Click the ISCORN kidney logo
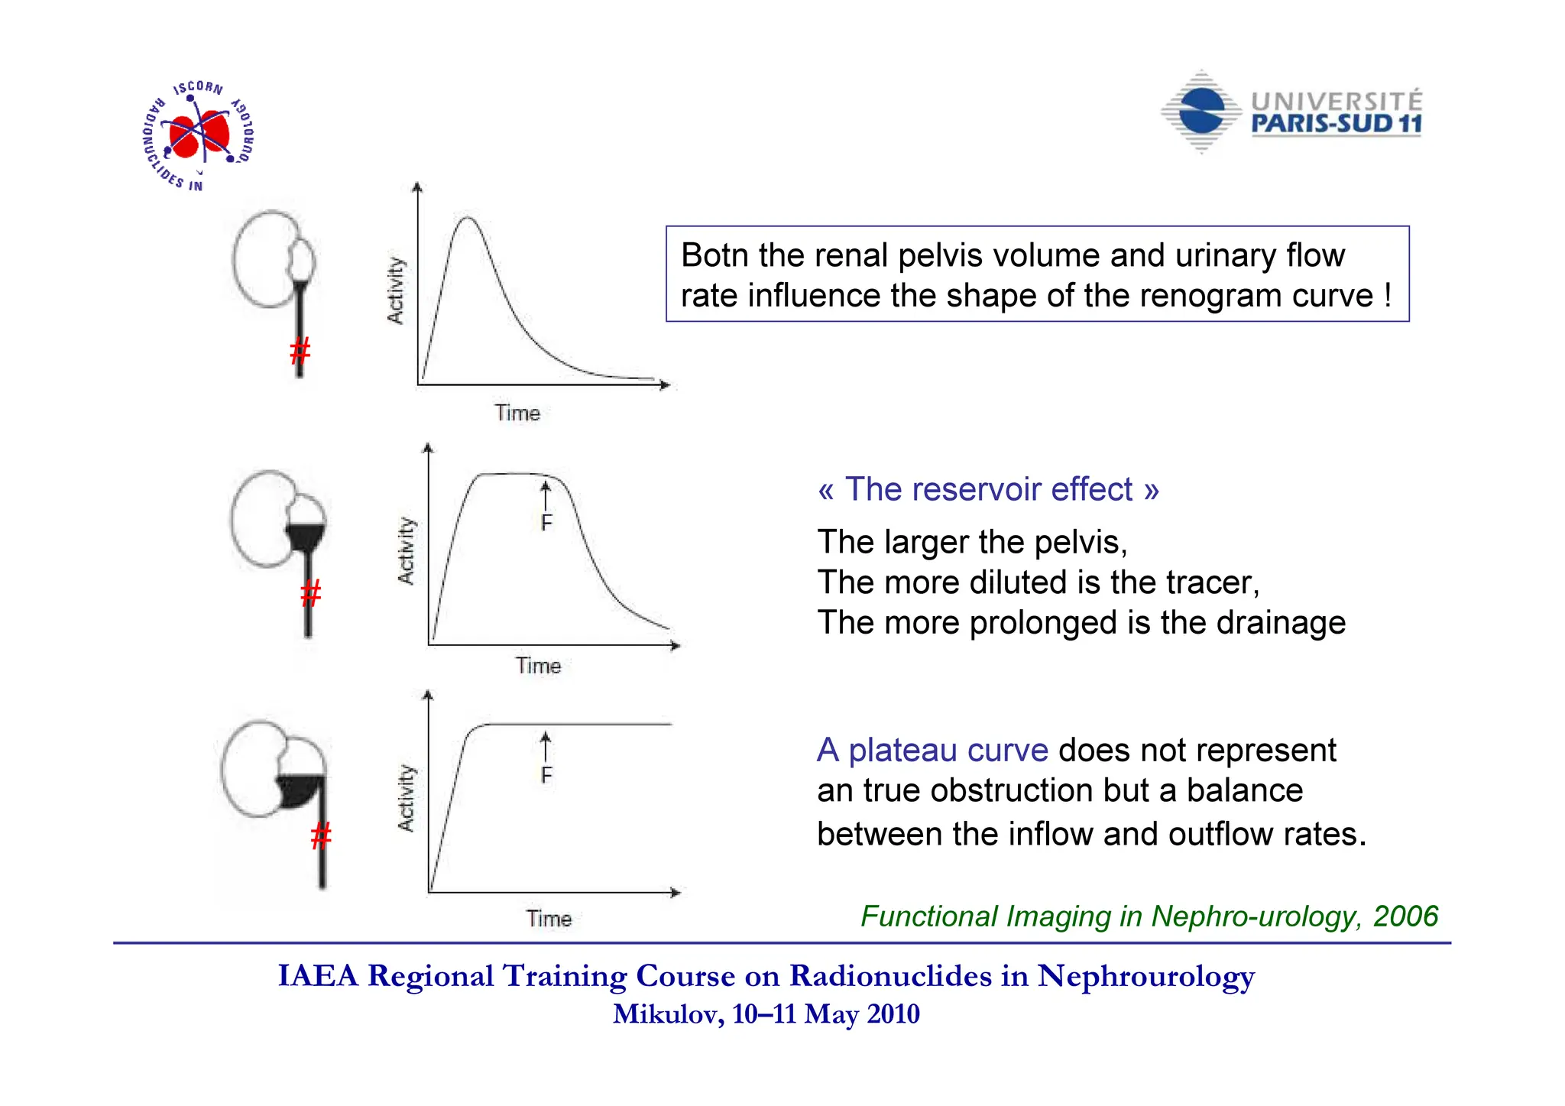coord(199,135)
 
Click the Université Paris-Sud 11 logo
coord(1291,113)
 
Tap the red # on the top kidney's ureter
coord(300,351)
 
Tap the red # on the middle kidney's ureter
coord(310,593)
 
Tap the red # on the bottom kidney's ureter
coord(321,835)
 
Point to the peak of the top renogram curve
coord(467,219)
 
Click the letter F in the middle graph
coord(546,523)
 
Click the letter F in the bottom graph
coord(546,775)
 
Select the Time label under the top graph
coord(517,414)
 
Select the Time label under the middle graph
coord(538,666)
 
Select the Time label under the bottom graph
coord(549,918)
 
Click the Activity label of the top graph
coord(395,290)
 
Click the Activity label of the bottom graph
coord(406,798)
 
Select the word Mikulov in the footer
coord(667,1014)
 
